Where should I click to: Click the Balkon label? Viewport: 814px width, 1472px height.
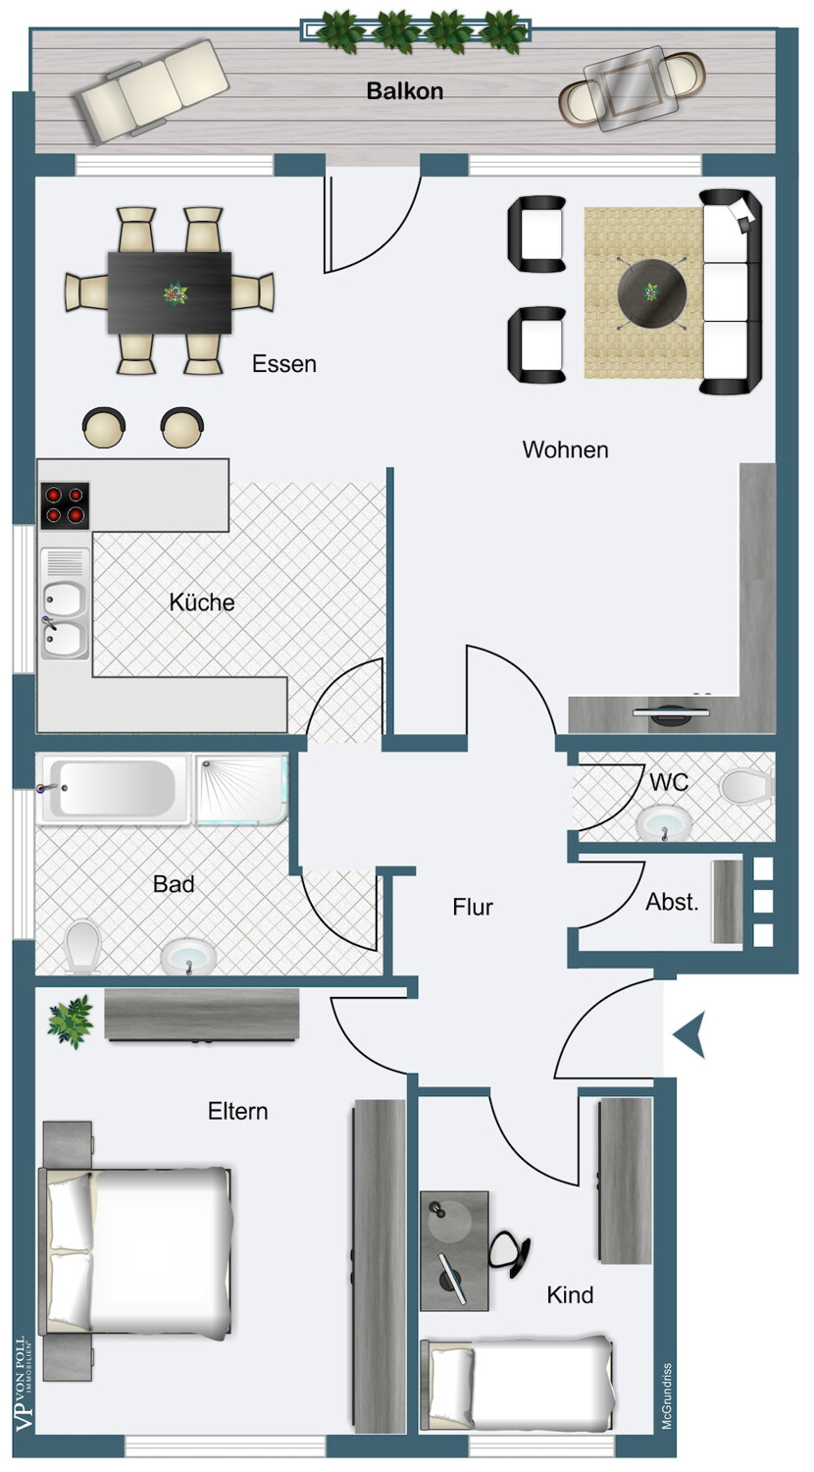pyautogui.click(x=405, y=90)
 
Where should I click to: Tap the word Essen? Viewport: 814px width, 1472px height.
pyautogui.click(x=284, y=363)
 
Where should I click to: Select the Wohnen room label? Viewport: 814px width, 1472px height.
pyautogui.click(x=565, y=449)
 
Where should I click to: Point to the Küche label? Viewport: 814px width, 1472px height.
pyautogui.click(x=202, y=602)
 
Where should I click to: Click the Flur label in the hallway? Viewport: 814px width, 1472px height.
pyautogui.click(x=473, y=907)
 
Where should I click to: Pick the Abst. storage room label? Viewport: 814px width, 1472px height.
pyautogui.click(x=672, y=902)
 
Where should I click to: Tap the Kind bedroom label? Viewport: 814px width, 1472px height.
pyautogui.click(x=570, y=1294)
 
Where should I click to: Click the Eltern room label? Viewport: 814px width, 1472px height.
pyautogui.click(x=238, y=1111)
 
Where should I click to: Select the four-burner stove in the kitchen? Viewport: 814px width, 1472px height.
pyautogui.click(x=65, y=506)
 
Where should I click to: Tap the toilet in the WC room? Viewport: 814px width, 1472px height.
pyautogui.click(x=746, y=786)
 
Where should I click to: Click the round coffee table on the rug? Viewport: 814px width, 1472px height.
pyautogui.click(x=652, y=292)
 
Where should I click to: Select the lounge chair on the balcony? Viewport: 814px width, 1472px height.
pyautogui.click(x=153, y=90)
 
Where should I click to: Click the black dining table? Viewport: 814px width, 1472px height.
pyautogui.click(x=170, y=293)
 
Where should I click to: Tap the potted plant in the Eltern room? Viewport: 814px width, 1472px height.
pyautogui.click(x=71, y=1021)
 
